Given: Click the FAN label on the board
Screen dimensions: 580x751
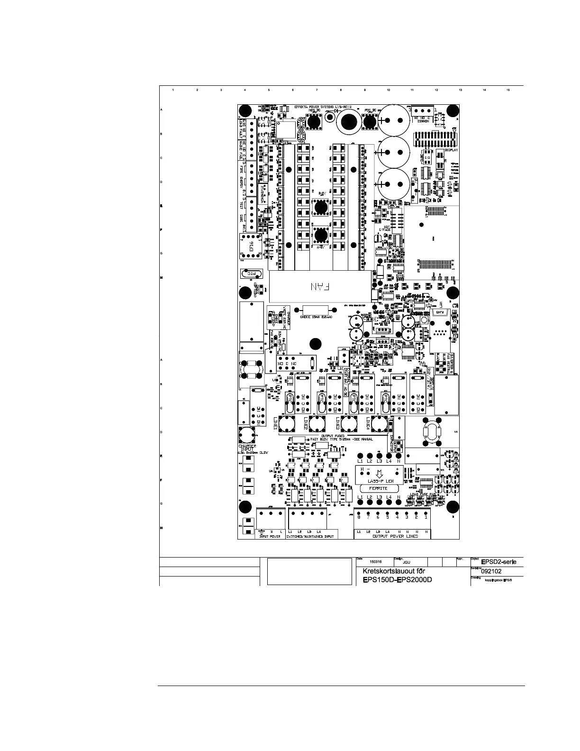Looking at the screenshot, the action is coord(322,287).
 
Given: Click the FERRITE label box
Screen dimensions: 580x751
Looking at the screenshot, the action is coord(378,488).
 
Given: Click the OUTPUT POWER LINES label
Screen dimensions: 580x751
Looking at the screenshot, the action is coord(395,536).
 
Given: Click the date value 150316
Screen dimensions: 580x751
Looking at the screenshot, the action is coord(375,561).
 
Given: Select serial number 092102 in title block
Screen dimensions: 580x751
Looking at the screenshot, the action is coord(491,571).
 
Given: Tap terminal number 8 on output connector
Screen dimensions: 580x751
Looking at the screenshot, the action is coord(359,517).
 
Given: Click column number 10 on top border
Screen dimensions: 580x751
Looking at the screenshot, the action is coord(389,90).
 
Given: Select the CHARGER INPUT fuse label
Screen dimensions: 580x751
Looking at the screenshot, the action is coord(247,448).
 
